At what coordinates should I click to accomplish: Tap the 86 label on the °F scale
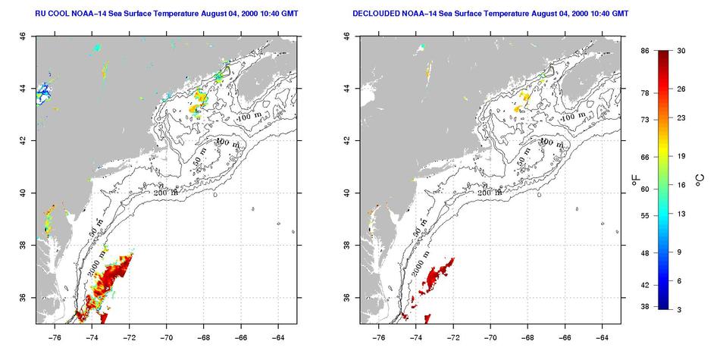(645, 51)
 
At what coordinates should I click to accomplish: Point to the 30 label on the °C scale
(681, 51)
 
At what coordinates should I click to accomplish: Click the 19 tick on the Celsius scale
(681, 157)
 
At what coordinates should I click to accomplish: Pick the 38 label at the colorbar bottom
(645, 307)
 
